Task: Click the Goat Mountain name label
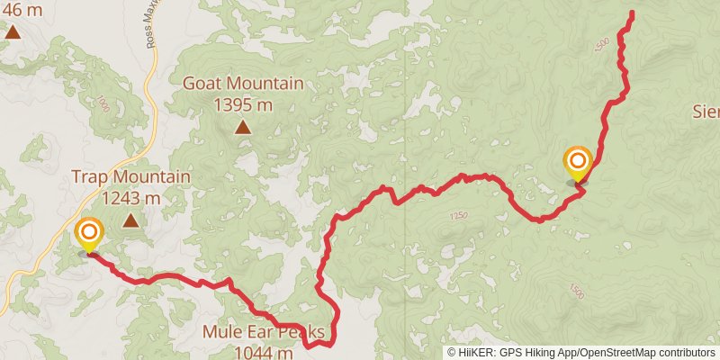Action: tap(242, 84)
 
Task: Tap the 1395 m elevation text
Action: tap(242, 103)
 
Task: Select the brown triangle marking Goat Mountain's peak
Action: tap(243, 127)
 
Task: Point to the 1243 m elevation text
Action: tap(131, 197)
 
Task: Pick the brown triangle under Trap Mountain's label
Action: tap(131, 220)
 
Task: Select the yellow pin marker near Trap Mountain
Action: tap(88, 235)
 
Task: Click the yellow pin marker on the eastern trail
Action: tap(577, 163)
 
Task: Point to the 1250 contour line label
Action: tap(460, 216)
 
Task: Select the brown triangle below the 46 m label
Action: tap(13, 32)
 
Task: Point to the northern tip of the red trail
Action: tap(632, 13)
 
